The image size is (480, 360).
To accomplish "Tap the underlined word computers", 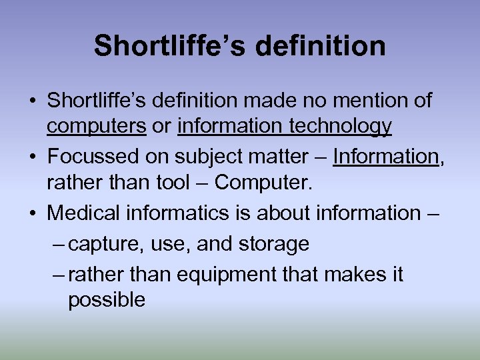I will (x=97, y=126).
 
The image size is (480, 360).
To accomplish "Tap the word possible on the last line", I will (x=107, y=300).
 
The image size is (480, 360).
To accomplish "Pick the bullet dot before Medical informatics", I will (x=33, y=213).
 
